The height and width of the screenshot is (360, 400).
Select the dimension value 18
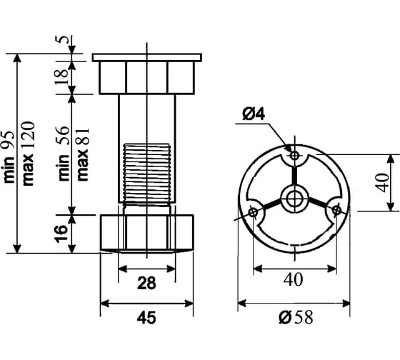point(62,76)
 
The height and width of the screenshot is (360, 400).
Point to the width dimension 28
point(146,283)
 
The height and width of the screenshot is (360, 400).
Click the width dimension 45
point(146,318)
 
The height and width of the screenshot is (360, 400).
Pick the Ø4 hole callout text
point(254,114)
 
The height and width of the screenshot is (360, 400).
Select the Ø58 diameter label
point(296,317)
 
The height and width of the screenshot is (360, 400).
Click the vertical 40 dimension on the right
point(383,182)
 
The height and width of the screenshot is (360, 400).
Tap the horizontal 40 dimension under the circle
point(293,279)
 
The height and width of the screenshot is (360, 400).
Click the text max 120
point(29,154)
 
